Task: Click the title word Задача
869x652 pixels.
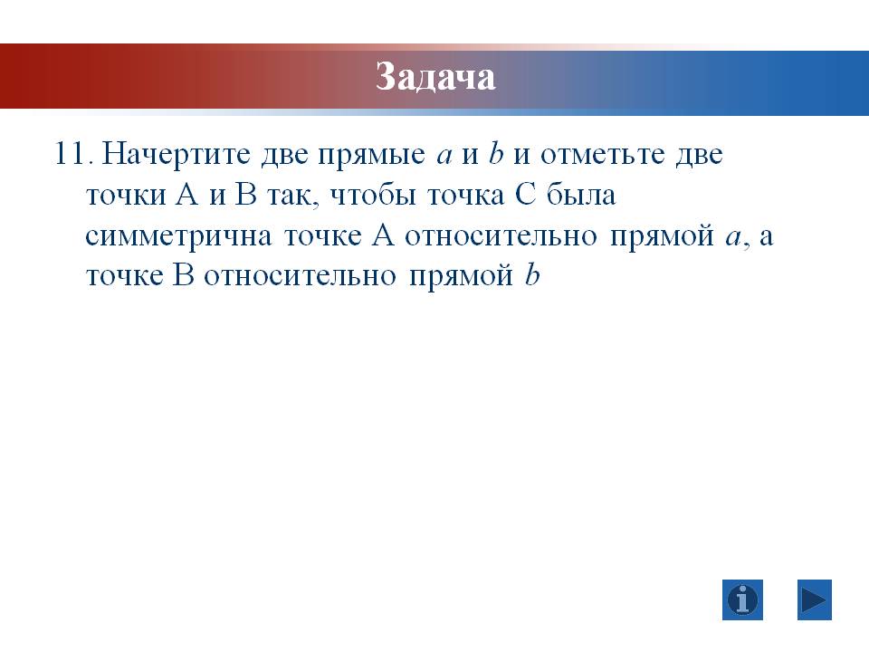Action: (x=435, y=76)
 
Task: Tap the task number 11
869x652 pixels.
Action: (x=71, y=153)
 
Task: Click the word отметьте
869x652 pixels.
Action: (x=603, y=155)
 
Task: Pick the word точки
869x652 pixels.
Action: (x=126, y=196)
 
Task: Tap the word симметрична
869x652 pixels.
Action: (x=178, y=236)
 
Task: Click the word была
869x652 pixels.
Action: (x=581, y=194)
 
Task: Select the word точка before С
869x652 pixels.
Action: (x=465, y=196)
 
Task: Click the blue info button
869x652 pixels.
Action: (x=742, y=599)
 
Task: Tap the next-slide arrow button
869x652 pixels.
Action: (x=815, y=599)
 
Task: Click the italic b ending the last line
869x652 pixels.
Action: (x=531, y=274)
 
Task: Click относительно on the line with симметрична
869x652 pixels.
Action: (x=501, y=236)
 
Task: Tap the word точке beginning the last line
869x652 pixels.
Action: (x=125, y=276)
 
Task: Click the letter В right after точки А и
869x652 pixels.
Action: (x=245, y=195)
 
